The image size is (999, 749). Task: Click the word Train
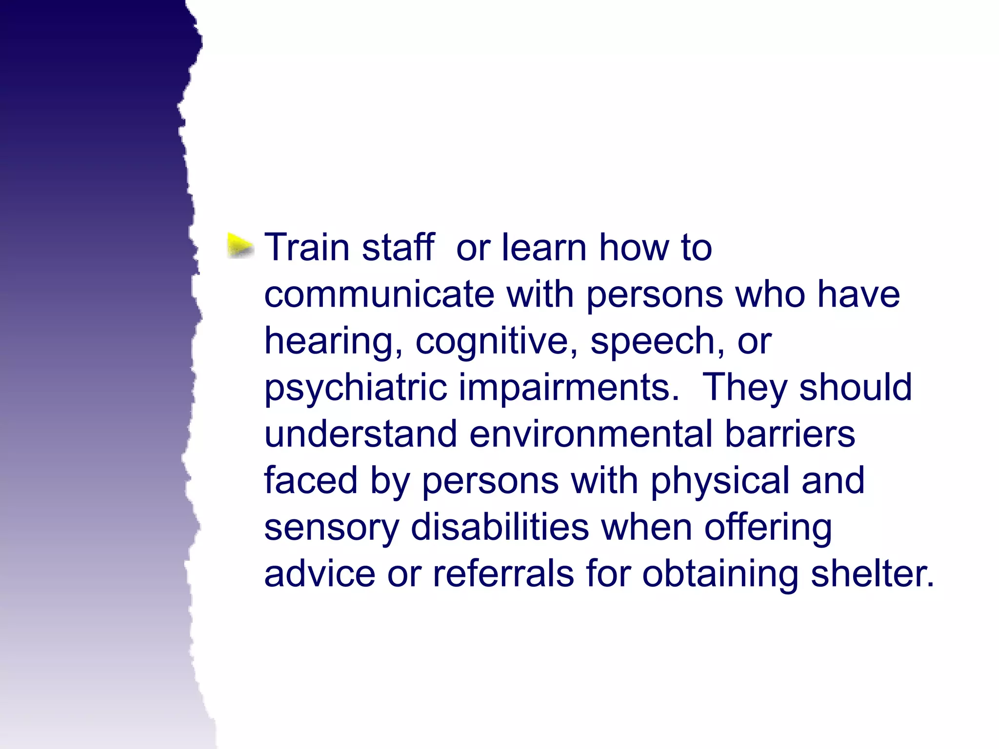pyautogui.click(x=307, y=247)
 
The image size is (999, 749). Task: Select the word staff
pyautogui.click(x=398, y=247)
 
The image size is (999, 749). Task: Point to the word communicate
pyautogui.click(x=379, y=295)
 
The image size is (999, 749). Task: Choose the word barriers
pyautogui.click(x=790, y=434)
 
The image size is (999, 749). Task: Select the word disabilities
pyautogui.click(x=499, y=527)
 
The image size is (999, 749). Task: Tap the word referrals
pyautogui.click(x=503, y=574)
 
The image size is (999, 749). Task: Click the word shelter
pyautogui.click(x=872, y=574)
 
